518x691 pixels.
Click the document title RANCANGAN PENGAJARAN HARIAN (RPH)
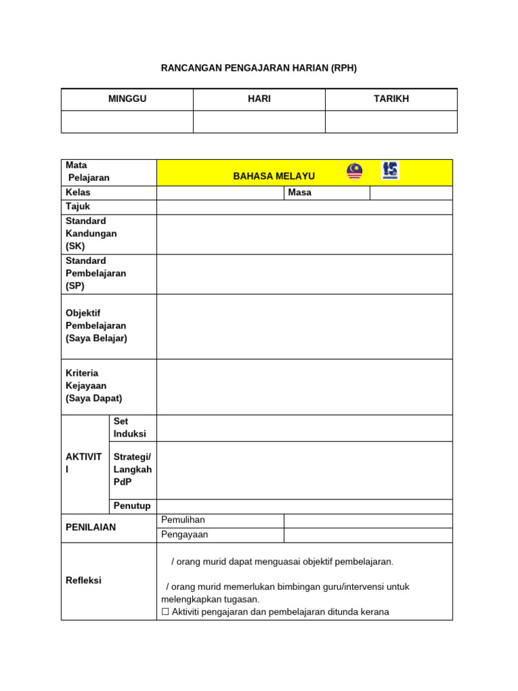click(x=259, y=68)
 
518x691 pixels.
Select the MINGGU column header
click(x=127, y=99)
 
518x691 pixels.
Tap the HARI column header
click(x=259, y=99)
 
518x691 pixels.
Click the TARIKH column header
click(x=391, y=99)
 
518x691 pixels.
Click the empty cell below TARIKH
click(x=391, y=121)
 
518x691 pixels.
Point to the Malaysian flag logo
click(x=355, y=171)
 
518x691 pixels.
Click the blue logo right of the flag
click(x=390, y=170)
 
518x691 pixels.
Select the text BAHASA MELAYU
click(x=274, y=176)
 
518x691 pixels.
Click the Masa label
click(x=299, y=192)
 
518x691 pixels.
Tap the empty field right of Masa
click(x=411, y=193)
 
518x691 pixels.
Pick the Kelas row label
click(x=78, y=192)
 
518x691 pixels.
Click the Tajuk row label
click(x=78, y=206)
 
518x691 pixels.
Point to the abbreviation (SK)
click(x=76, y=246)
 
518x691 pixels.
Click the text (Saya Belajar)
click(x=96, y=338)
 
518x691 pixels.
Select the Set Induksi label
click(x=130, y=427)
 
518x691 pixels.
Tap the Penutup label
click(x=132, y=506)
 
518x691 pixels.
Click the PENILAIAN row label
click(x=90, y=527)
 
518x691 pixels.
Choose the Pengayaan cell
click(x=185, y=534)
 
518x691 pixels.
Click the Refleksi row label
click(x=84, y=580)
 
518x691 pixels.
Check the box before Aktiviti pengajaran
click(x=165, y=612)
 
